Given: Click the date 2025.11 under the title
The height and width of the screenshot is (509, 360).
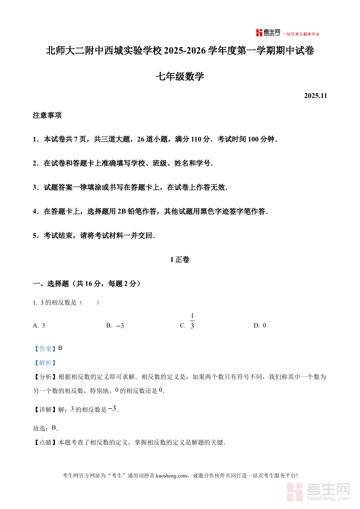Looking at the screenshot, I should point(316,96).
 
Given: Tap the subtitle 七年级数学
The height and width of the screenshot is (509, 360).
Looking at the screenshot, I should point(180,76).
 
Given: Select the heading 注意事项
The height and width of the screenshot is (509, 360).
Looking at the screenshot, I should point(47,116).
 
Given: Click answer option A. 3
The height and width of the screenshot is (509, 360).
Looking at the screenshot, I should point(39,326).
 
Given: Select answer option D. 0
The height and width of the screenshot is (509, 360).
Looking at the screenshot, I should point(260,326).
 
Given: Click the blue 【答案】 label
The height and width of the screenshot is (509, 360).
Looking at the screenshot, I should point(44,349).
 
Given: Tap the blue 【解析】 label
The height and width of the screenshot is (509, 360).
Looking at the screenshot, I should point(44,363).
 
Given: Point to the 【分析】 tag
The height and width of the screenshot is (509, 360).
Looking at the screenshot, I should point(45,377).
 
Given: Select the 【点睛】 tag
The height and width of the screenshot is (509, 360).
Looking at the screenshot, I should point(45,443).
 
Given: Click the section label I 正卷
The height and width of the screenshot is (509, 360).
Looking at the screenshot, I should point(180,260).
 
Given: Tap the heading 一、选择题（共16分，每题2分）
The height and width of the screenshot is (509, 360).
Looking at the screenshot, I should point(86,284).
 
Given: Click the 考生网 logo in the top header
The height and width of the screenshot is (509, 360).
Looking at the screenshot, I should point(268,33).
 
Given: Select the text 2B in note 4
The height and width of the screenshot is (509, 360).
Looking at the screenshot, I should point(122,212).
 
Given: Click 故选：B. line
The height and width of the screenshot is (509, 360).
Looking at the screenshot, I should point(45,428).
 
